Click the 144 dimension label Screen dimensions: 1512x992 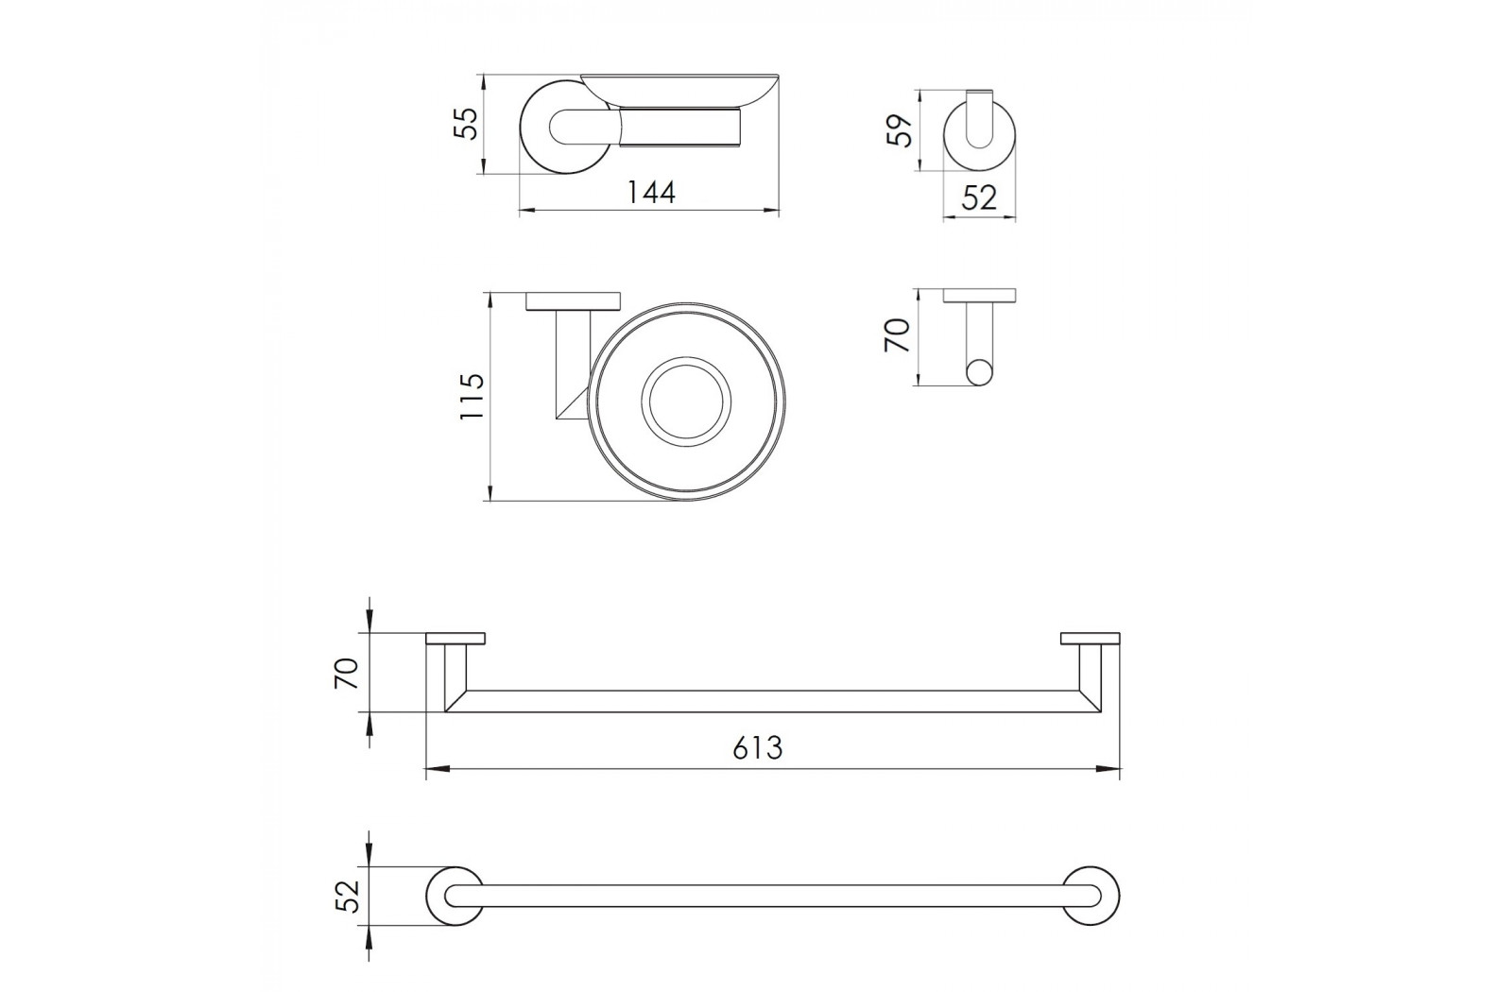pyautogui.click(x=651, y=193)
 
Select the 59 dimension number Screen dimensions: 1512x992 pyautogui.click(x=900, y=131)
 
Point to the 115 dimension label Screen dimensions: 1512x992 pyautogui.click(x=472, y=396)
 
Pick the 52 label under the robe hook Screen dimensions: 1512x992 pyautogui.click(x=979, y=197)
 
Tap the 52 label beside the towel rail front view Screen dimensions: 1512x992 pyautogui.click(x=349, y=896)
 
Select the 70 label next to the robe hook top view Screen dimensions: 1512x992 pyautogui.click(x=898, y=335)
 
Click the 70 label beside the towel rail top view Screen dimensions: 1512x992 pyautogui.click(x=346, y=673)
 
